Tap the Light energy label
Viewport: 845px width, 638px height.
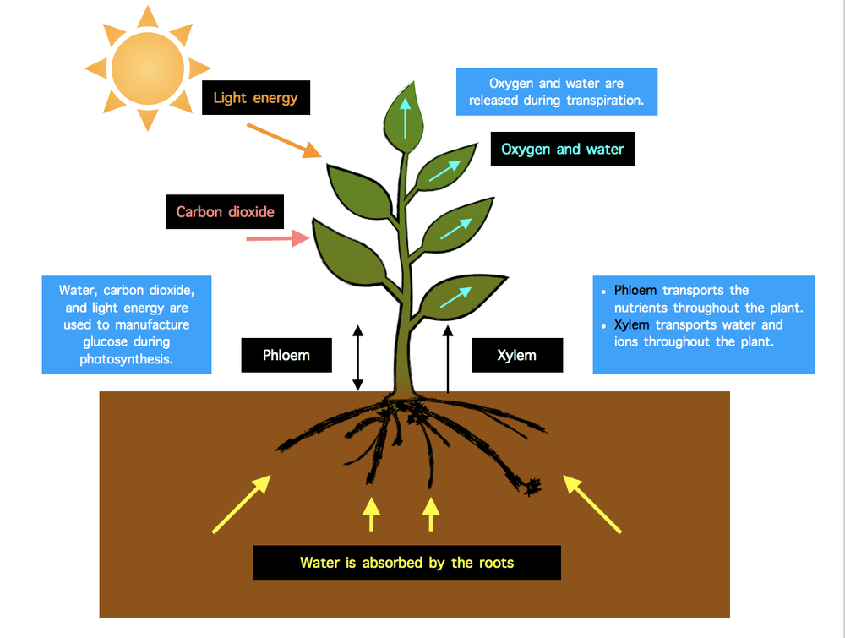(x=255, y=98)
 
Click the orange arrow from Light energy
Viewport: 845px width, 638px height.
(x=284, y=140)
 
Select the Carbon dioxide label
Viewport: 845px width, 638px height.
(x=225, y=212)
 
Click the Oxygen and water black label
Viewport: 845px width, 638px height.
(x=562, y=150)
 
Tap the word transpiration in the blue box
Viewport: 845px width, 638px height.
(x=602, y=101)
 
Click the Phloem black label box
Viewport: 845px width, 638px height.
(x=286, y=355)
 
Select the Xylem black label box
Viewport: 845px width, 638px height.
(x=516, y=355)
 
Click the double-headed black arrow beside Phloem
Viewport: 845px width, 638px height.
(x=357, y=357)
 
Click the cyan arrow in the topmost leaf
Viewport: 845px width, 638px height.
(x=406, y=118)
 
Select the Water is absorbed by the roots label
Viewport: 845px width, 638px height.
(x=406, y=563)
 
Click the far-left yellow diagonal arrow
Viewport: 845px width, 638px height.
(x=241, y=504)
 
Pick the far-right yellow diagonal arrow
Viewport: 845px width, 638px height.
(x=592, y=504)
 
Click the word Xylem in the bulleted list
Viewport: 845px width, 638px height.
(x=632, y=325)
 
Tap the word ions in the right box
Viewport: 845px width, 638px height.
(x=628, y=342)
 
